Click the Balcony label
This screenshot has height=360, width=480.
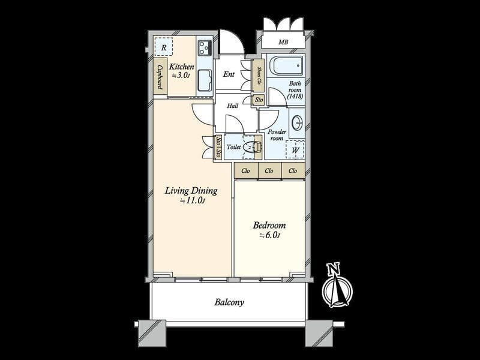(229, 302)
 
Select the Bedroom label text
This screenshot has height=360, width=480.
(269, 226)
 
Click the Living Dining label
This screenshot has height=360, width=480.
(191, 191)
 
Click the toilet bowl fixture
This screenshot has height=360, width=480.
(252, 147)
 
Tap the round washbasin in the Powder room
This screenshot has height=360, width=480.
(297, 123)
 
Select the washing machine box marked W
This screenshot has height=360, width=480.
(295, 149)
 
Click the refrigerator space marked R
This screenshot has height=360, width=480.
(164, 47)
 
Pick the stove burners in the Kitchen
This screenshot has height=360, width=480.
(205, 48)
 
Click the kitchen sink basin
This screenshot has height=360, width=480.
(205, 80)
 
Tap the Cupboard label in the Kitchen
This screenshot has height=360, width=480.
(160, 77)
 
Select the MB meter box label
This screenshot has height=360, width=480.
(283, 42)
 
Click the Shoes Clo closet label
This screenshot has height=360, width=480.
(259, 76)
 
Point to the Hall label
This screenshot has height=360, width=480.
(233, 106)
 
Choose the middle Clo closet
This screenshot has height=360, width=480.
(269, 170)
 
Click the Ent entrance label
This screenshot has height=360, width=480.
(229, 74)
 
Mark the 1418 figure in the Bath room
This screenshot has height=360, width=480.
(295, 96)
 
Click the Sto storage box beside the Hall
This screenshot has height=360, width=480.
(259, 100)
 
